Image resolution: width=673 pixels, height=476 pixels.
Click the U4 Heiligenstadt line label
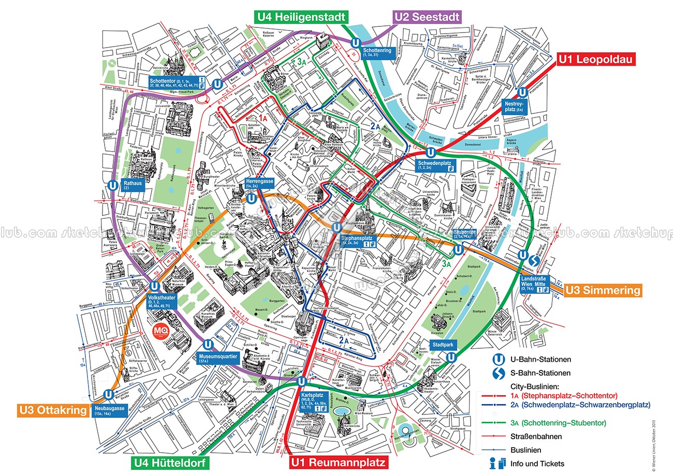point(300,17)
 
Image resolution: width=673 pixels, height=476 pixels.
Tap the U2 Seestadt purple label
point(427,17)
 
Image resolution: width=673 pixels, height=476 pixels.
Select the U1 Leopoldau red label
point(595,59)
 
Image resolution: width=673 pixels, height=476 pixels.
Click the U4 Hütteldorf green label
point(170,462)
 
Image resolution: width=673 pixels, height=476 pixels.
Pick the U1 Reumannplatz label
point(338,462)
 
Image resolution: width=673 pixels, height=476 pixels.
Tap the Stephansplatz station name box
point(358,241)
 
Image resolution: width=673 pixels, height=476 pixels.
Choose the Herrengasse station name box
point(259,184)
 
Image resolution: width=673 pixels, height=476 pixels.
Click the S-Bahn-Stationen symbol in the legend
point(498,373)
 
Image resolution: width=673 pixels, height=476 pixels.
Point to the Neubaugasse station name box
point(110,410)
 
